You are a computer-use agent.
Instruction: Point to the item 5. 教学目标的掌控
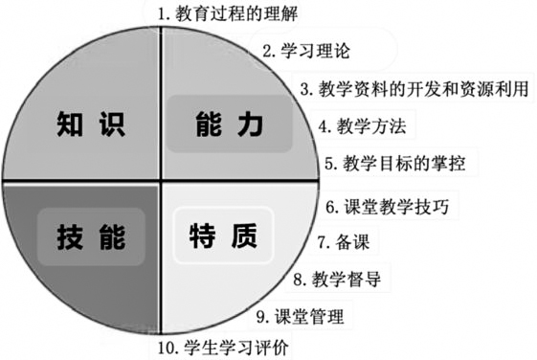394,163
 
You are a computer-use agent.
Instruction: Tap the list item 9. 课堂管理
300,316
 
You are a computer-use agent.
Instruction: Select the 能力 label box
228,124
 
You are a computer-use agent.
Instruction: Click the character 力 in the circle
249,124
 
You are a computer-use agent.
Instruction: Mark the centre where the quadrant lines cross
159,180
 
